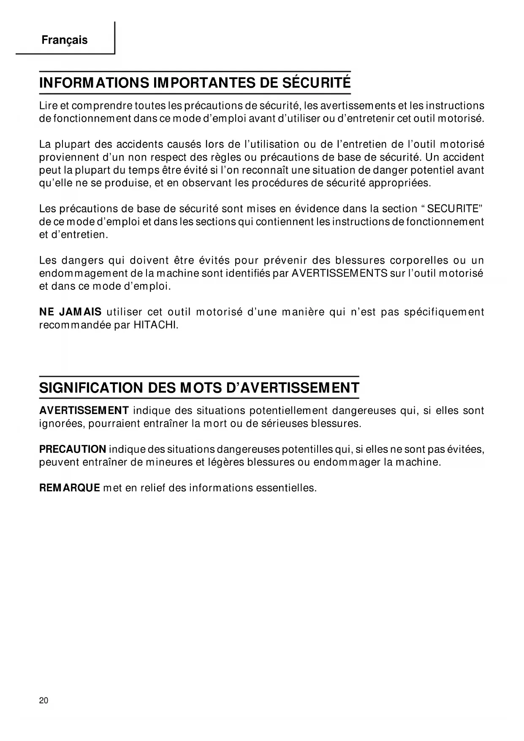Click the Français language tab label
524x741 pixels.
point(65,40)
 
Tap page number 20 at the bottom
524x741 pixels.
point(43,700)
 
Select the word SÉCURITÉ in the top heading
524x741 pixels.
point(316,83)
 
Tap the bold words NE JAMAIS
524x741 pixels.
point(70,312)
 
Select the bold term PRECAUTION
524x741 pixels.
point(73,449)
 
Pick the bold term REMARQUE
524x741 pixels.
point(70,488)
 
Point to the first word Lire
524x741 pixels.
point(47,105)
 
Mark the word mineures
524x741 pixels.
point(169,462)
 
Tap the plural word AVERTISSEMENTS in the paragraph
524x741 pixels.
point(339,273)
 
